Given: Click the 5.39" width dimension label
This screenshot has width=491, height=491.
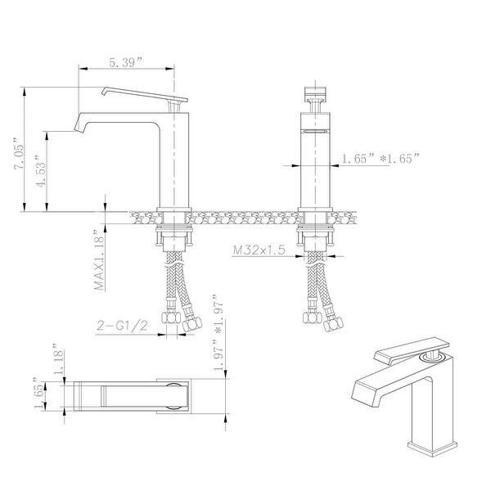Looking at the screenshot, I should (127, 62).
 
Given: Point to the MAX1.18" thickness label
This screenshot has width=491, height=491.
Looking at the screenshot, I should (99, 260).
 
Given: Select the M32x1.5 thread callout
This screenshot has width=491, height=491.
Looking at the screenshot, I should (258, 250).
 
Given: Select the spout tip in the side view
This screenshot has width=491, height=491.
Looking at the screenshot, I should (79, 126).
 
